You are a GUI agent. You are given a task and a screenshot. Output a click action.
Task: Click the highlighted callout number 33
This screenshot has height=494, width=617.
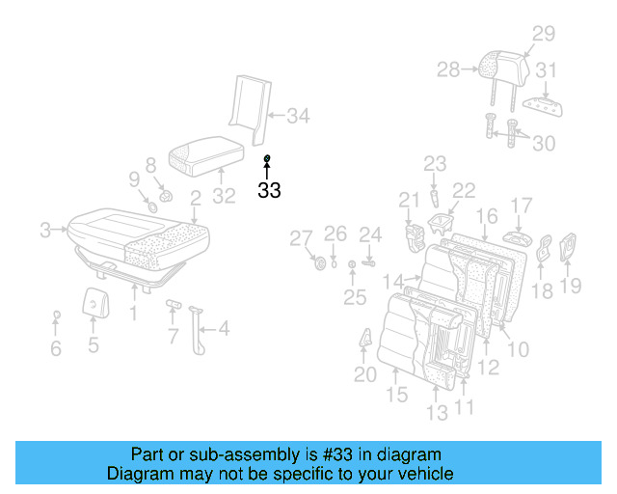coord(269,190)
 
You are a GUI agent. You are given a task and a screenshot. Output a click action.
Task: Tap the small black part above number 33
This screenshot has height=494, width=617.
coord(267,157)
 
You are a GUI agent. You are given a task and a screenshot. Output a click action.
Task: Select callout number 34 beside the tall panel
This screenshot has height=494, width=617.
coord(298,117)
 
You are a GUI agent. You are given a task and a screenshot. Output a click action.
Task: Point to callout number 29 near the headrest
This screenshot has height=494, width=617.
coord(544,34)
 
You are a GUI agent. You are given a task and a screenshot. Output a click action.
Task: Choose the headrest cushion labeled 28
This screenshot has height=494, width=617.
coord(504,66)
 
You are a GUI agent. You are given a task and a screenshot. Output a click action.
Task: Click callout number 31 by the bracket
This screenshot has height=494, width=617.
coord(547,70)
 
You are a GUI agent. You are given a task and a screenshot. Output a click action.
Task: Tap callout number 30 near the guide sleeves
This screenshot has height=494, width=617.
coord(545,143)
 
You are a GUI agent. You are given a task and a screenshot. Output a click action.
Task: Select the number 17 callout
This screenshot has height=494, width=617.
coord(522,206)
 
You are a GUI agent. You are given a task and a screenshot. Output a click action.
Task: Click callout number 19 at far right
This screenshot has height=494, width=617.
coord(572,285)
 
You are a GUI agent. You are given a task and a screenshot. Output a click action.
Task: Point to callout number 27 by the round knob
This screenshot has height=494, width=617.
coord(302,238)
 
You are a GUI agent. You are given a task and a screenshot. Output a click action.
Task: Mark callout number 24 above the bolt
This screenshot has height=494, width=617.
coord(371,234)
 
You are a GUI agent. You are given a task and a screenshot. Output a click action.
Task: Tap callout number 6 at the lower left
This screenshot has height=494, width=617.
coord(56,348)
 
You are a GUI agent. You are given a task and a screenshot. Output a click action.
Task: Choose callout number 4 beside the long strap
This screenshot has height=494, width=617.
coord(223,329)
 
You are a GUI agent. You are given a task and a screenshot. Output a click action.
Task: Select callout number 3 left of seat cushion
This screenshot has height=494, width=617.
coord(45,230)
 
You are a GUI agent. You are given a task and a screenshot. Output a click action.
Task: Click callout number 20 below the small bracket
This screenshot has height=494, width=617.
coord(364,374)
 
